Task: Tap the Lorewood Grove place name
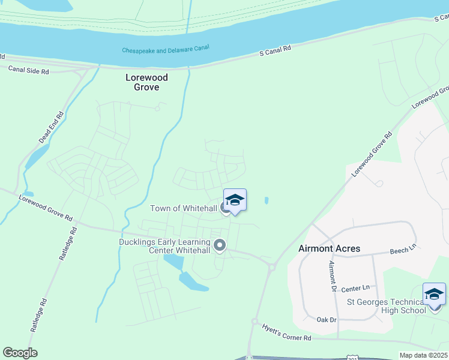point(146,82)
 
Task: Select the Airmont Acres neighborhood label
point(330,248)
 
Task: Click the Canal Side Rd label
point(28,70)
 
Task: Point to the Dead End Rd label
point(51,128)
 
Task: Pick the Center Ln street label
point(357,289)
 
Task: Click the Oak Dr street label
point(326,320)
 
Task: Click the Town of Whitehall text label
point(183,208)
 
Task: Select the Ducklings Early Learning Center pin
point(220,245)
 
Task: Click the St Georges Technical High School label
point(386,305)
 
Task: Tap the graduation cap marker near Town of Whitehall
point(235,200)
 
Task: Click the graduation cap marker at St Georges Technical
point(434,293)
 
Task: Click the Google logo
point(20,353)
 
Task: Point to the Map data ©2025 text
point(424,355)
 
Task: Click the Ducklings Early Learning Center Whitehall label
point(165,246)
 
